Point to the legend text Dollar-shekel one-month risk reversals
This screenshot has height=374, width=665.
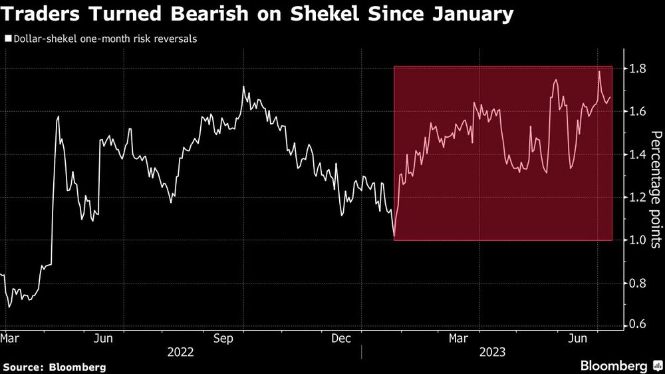coord(103,39)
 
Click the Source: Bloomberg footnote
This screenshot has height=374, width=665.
coord(55,367)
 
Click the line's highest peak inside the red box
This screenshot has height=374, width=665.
coord(599,71)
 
